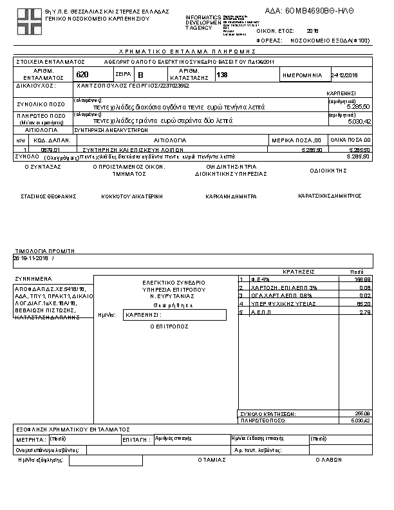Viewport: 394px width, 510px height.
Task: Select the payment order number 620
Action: pyautogui.click(x=82, y=75)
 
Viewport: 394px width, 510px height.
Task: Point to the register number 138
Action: pyautogui.click(x=222, y=75)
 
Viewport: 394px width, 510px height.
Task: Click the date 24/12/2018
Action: pyautogui.click(x=344, y=75)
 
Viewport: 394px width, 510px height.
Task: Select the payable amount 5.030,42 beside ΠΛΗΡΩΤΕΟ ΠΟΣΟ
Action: pyautogui.click(x=358, y=120)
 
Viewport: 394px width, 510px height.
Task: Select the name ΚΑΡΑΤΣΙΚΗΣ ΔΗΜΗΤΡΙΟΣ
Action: pyautogui.click(x=330, y=195)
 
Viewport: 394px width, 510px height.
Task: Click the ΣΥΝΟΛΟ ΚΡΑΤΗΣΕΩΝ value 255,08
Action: pyautogui.click(x=362, y=413)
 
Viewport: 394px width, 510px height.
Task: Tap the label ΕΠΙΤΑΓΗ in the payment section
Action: pyautogui.click(x=136, y=440)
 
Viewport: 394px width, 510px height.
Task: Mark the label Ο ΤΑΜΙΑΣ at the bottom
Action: pyautogui.click(x=212, y=460)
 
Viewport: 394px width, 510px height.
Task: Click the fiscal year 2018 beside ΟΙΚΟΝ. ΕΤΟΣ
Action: pyautogui.click(x=313, y=30)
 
